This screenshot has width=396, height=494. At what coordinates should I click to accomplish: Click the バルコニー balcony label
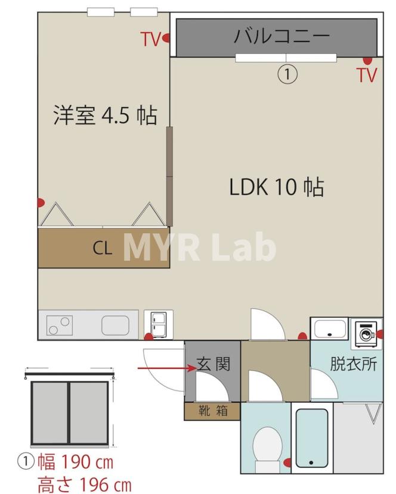(x=281, y=36)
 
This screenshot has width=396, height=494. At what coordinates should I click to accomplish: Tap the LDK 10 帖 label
(x=277, y=187)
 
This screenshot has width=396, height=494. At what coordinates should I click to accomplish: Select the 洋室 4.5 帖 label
(x=106, y=115)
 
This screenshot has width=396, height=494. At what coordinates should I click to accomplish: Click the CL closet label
(x=102, y=248)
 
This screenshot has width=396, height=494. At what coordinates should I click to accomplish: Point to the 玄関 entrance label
(x=214, y=364)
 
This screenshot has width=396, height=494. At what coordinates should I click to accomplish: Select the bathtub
(x=312, y=439)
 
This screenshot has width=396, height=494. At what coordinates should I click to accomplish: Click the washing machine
(x=365, y=334)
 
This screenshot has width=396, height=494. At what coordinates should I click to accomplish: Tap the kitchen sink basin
(x=115, y=325)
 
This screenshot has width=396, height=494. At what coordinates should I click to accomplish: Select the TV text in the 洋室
(x=150, y=40)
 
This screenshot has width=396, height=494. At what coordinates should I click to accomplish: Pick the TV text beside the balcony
(x=367, y=75)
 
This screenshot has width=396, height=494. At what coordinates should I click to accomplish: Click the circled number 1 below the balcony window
(x=287, y=74)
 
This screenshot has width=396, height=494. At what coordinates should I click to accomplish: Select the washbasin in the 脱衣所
(x=330, y=329)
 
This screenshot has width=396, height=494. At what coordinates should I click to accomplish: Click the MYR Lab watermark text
(x=199, y=248)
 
